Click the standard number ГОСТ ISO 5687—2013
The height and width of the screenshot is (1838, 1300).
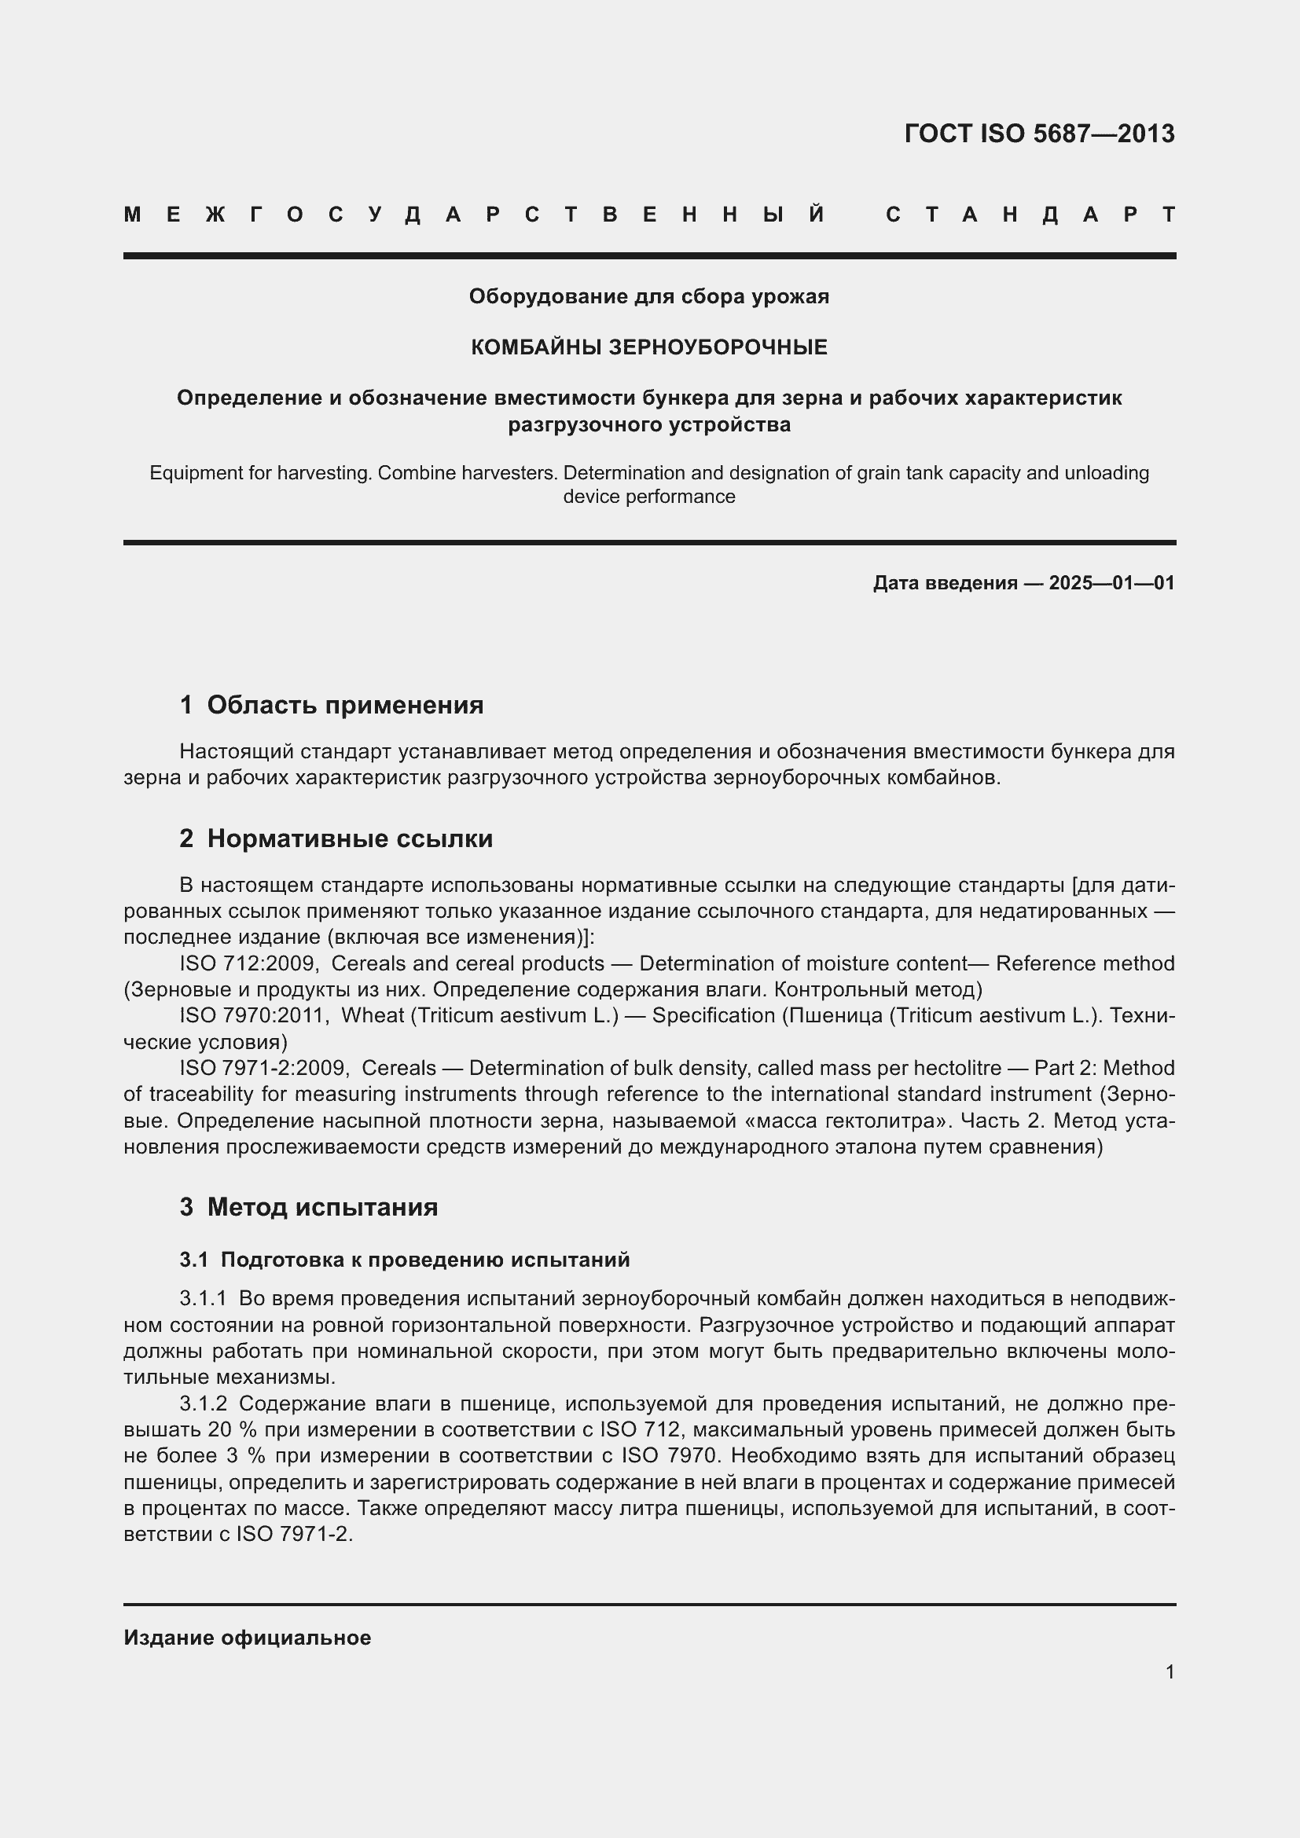click(1039, 133)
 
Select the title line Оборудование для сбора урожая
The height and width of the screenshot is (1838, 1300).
click(648, 296)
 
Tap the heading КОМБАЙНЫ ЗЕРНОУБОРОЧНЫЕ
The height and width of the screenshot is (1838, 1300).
click(648, 347)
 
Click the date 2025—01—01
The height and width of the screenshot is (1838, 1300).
click(1111, 583)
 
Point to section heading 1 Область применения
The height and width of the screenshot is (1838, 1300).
click(332, 704)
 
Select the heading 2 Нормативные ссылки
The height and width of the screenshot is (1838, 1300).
click(336, 838)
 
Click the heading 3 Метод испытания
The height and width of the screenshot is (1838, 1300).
click(309, 1206)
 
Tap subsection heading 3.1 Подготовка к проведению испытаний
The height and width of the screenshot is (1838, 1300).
click(405, 1259)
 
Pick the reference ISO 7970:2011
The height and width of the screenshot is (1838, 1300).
click(254, 1015)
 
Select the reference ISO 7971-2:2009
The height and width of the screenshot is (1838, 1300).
click(263, 1068)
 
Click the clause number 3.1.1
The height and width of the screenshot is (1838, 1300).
click(204, 1297)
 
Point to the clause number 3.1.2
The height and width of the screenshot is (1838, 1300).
click(204, 1403)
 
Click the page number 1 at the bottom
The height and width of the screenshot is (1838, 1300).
click(1170, 1671)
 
